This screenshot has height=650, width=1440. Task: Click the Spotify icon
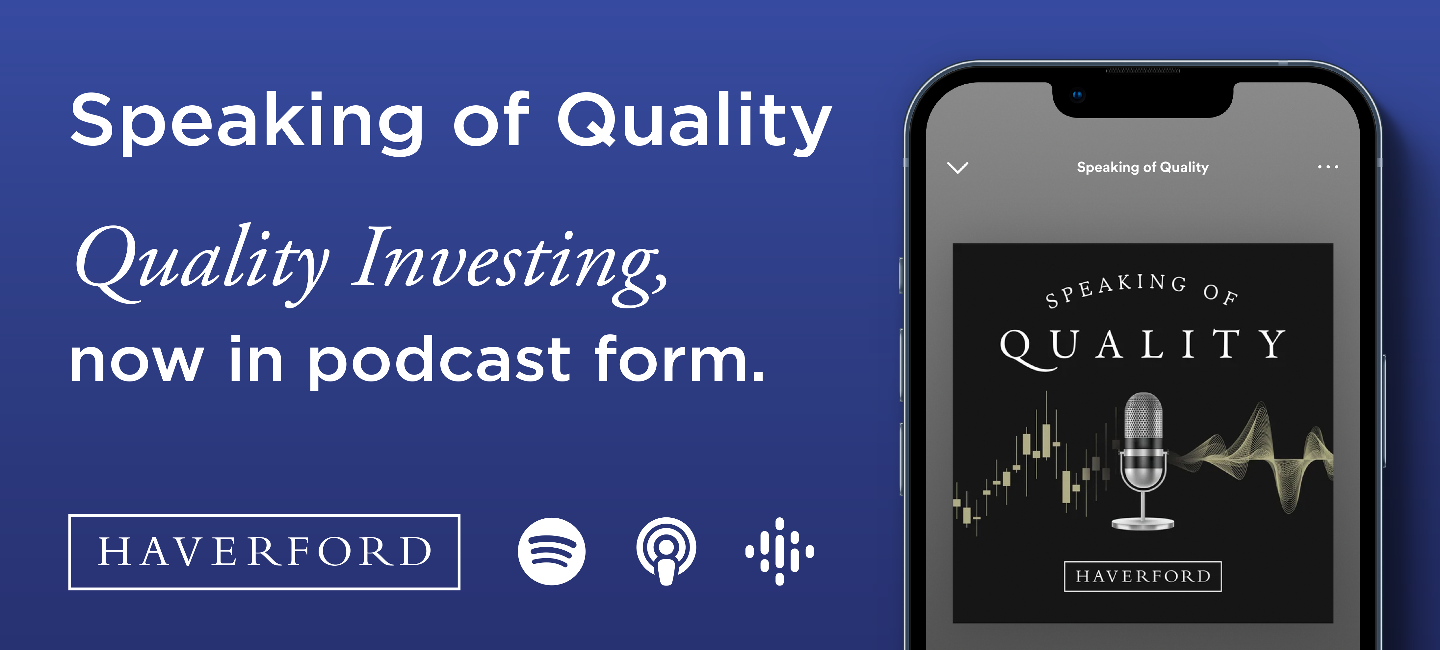pos(551,551)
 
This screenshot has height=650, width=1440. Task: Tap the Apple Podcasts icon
pos(666,551)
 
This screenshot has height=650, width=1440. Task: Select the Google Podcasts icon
pos(779,551)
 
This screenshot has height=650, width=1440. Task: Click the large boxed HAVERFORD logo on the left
pos(264,552)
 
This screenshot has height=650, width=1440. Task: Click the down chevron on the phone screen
pos(957,168)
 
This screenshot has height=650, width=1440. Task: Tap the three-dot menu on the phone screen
pos(1328,167)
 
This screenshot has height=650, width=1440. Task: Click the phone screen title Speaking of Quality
pos(1142,167)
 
